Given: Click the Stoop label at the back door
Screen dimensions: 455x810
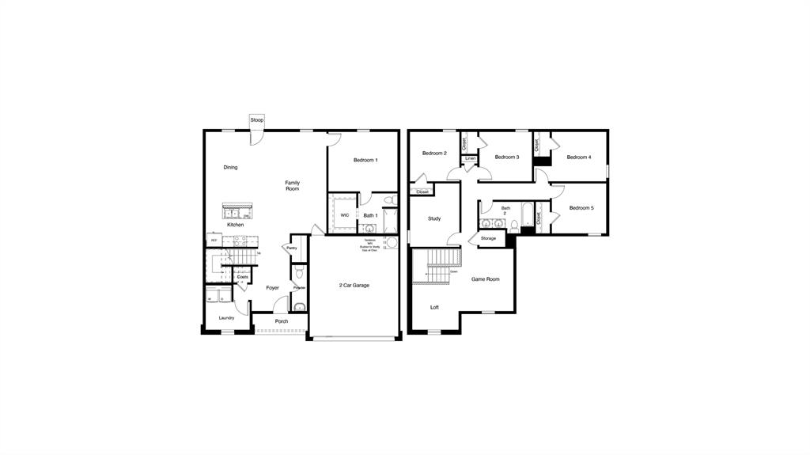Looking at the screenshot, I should click(x=256, y=119).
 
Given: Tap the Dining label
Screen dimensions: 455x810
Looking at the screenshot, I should click(x=230, y=167).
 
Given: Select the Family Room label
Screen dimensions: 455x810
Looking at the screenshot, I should click(x=293, y=186).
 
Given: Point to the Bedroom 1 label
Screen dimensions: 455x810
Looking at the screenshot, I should click(x=365, y=160).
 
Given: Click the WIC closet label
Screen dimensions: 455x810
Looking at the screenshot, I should click(x=345, y=214).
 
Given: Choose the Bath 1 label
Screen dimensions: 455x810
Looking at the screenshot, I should click(x=370, y=215).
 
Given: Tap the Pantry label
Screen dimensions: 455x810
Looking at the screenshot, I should click(x=292, y=248).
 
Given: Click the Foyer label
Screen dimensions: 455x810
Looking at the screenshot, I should click(x=272, y=288).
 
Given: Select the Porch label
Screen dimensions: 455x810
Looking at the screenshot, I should click(x=282, y=321).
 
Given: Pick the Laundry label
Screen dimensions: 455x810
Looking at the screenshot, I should click(x=226, y=318).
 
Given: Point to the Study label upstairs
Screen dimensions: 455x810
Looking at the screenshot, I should click(x=434, y=218).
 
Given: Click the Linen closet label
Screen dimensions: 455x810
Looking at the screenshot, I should click(x=471, y=158).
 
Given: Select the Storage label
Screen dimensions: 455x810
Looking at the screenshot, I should click(x=488, y=238).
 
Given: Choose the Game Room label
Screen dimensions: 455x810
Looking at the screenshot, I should click(x=486, y=279).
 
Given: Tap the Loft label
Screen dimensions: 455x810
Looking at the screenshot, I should click(x=434, y=307).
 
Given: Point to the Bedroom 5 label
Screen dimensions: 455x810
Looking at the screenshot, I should click(x=581, y=207).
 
